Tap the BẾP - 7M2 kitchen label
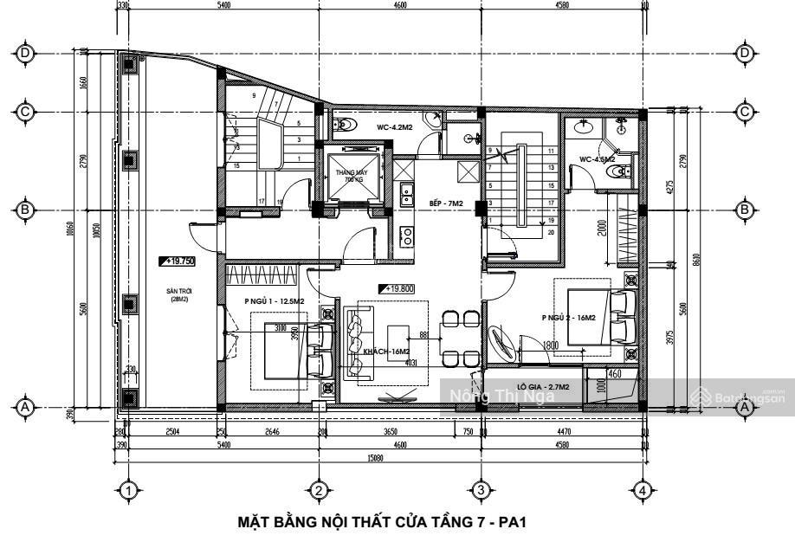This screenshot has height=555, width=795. (447, 203)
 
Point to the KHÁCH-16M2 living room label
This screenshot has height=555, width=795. (386, 352)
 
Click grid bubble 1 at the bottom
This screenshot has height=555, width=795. (128, 490)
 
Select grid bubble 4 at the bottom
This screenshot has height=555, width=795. (642, 490)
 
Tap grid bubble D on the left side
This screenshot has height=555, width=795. (27, 53)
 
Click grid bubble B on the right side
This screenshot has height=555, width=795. (744, 210)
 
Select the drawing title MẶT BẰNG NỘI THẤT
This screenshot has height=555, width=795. (383, 523)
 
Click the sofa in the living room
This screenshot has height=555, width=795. (355, 343)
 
